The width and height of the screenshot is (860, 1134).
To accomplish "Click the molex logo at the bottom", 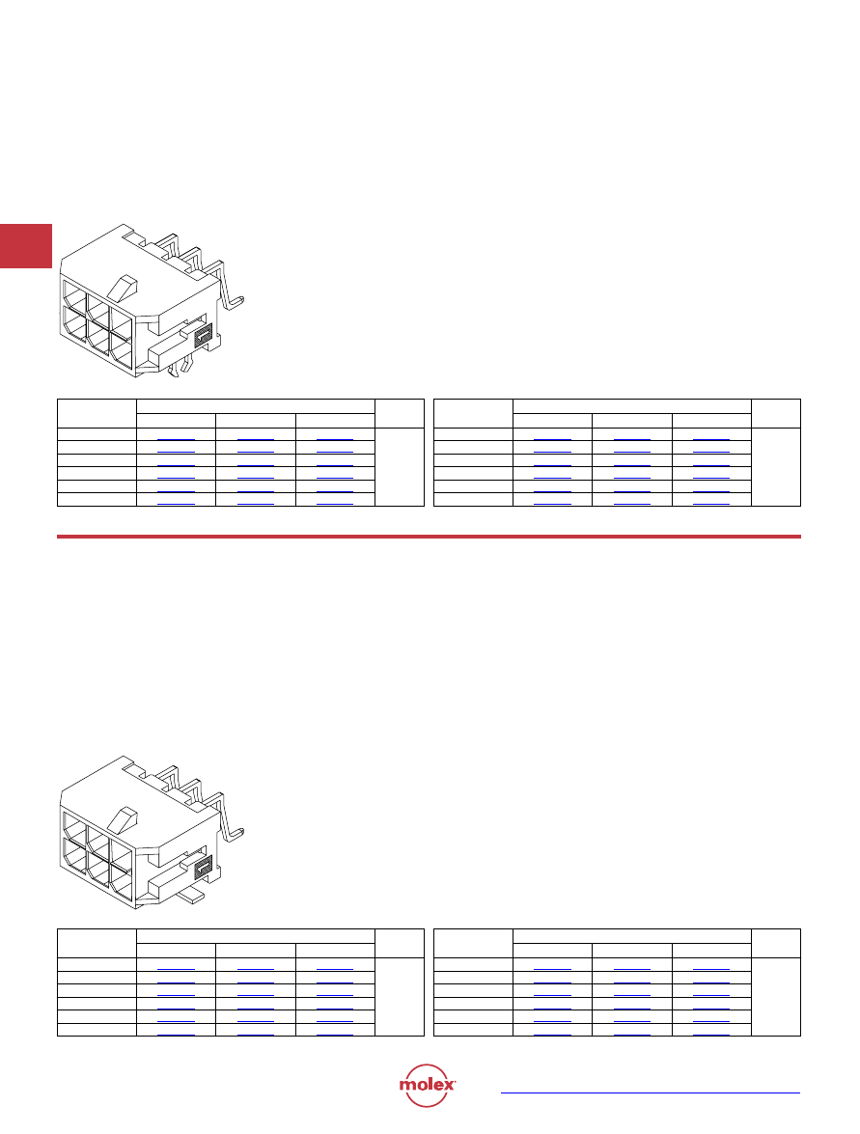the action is (427, 1085).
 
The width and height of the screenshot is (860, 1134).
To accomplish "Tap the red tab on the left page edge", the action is (26, 246).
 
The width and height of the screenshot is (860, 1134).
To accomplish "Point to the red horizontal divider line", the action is (429, 537).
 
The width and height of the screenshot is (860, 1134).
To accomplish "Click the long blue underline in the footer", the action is (651, 1093).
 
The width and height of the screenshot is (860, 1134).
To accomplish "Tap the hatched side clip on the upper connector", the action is (204, 335).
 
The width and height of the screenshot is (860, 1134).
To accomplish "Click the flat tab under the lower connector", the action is (190, 896).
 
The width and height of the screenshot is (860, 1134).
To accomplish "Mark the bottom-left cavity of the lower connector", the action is (75, 855).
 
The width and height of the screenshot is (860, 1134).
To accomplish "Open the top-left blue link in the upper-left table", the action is (176, 440).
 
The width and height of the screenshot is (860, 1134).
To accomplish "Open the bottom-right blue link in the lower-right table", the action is (711, 1035).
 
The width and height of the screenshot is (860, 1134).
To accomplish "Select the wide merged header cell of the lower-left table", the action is (256, 936).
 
